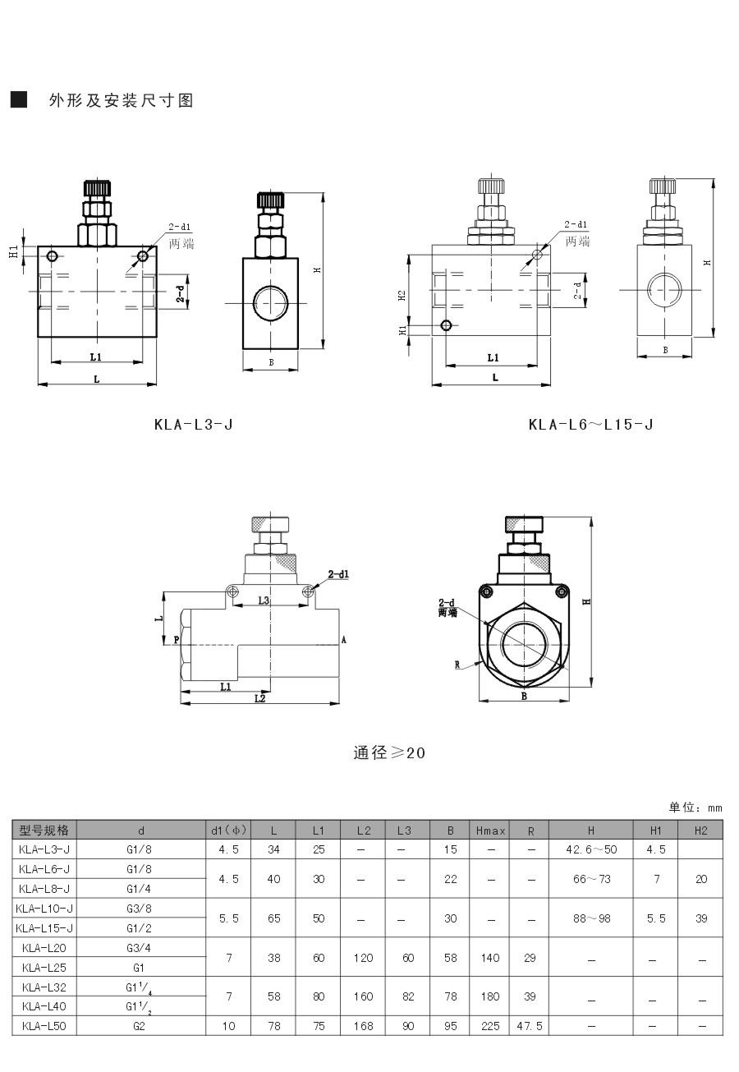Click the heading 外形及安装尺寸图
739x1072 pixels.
121,100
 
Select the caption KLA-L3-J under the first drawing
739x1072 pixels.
194,425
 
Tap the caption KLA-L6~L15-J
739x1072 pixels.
590,425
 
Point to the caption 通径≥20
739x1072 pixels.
389,752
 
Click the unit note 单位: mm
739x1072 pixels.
695,807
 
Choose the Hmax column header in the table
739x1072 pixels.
491,830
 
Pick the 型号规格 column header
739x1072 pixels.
44,830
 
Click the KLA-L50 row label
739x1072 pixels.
44,1025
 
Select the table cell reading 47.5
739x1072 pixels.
530,1025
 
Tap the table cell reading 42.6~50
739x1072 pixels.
590,849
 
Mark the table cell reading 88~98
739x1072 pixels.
590,918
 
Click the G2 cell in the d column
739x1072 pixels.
140,1025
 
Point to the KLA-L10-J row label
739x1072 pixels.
44,908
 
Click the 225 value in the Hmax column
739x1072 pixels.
491,1025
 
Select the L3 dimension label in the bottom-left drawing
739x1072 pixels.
264,600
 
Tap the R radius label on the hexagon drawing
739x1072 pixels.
457,665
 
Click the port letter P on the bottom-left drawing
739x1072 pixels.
177,639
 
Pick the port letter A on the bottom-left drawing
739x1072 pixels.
343,639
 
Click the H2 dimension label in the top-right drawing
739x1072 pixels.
402,295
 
